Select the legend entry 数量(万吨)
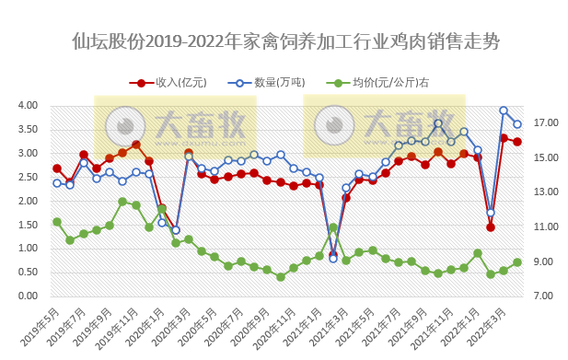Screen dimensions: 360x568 click(x=275, y=83)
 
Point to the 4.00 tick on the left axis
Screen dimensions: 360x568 click(x=27, y=105)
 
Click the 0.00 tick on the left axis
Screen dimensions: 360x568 click(x=27, y=296)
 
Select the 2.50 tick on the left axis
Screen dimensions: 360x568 click(x=27, y=177)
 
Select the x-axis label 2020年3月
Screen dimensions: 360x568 click(x=175, y=322)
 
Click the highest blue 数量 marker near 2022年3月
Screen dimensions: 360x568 click(x=504, y=110)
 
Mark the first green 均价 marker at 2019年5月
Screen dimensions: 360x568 click(x=57, y=222)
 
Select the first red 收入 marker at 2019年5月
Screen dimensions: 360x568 click(x=57, y=168)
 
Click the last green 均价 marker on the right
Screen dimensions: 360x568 click(x=517, y=262)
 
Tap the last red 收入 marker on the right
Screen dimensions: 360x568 click(x=517, y=142)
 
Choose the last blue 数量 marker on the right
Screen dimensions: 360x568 click(x=517, y=124)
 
